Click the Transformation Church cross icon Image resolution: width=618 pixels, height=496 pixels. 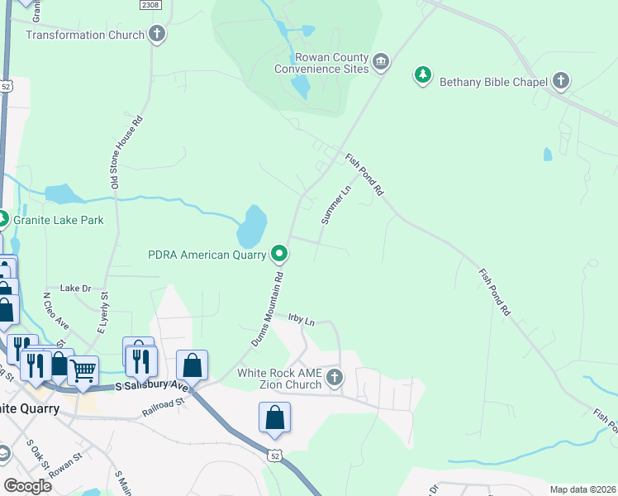[157, 35]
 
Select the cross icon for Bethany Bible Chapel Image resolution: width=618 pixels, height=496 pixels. [561, 81]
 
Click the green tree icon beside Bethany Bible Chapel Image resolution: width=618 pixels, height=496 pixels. [423, 76]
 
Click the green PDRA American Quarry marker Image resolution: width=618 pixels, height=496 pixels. [280, 254]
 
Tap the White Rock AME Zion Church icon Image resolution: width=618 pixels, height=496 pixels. [335, 378]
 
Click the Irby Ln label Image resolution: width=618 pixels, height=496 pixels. [302, 319]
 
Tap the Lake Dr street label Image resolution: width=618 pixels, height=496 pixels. [75, 288]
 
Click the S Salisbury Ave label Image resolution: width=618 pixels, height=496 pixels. [153, 386]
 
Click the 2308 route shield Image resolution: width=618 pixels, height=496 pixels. [150, 5]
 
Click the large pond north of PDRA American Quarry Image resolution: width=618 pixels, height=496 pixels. [254, 222]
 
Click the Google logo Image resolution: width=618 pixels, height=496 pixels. [27, 486]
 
